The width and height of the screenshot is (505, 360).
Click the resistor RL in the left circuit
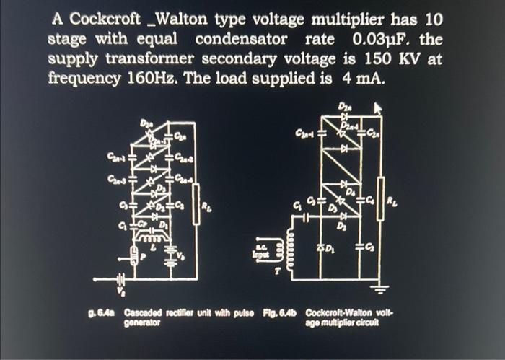tap(196, 206)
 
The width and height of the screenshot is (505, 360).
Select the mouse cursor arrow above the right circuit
tap(377, 108)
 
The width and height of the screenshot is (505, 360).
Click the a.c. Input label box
tap(260, 252)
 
